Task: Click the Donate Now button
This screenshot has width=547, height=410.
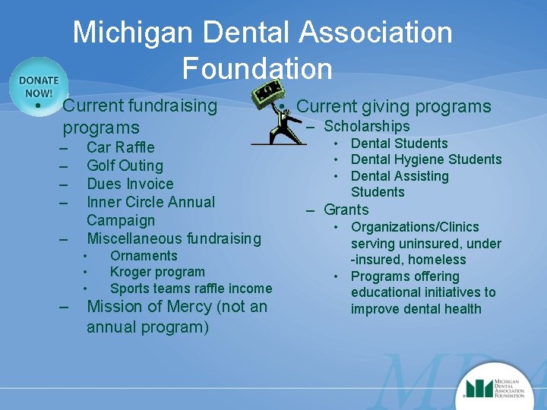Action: [x=39, y=87]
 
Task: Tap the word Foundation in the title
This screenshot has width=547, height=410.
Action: [x=257, y=69]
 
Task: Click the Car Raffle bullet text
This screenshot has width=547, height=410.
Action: [x=120, y=147]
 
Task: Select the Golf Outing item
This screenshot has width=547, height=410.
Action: [x=125, y=166]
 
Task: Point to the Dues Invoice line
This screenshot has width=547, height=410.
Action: [x=130, y=184]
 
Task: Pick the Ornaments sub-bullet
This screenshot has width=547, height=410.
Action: [x=144, y=256]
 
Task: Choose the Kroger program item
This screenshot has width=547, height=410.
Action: [x=157, y=272]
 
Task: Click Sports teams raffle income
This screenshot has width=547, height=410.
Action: [x=191, y=289]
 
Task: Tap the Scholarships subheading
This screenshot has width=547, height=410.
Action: [x=366, y=127]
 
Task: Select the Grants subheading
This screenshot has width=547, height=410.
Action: [x=346, y=210]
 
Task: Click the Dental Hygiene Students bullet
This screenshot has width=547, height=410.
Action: [x=426, y=159]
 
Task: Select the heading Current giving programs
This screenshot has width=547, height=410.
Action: [x=394, y=107]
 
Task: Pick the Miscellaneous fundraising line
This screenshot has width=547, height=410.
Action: [x=173, y=238]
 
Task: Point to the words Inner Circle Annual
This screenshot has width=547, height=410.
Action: [x=150, y=202]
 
